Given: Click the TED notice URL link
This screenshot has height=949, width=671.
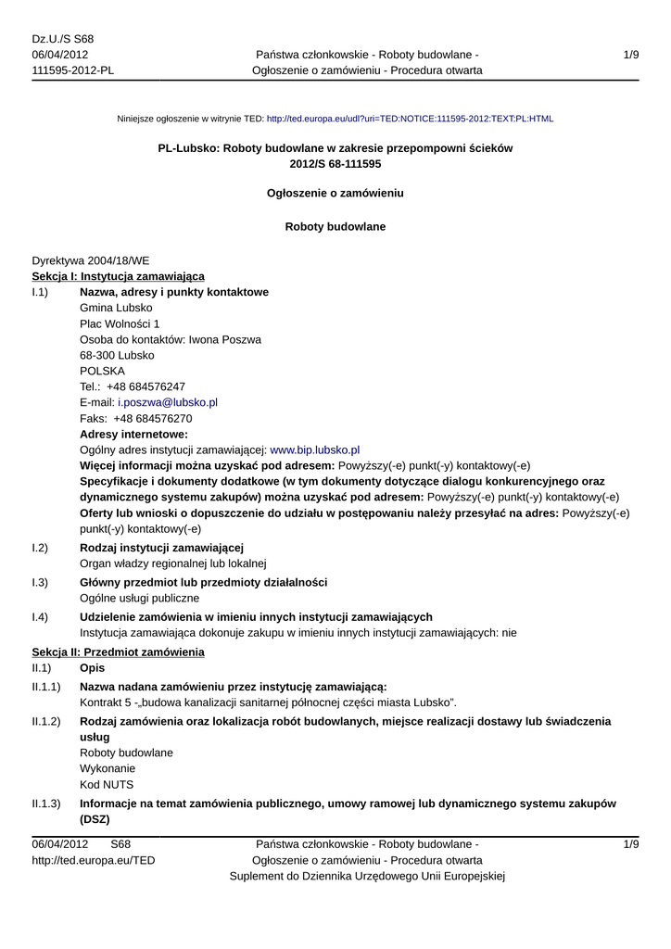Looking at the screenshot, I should click(410, 120).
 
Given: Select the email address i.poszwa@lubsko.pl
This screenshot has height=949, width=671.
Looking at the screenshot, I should click(168, 402).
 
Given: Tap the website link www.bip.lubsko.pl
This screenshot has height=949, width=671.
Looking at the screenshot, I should click(314, 449).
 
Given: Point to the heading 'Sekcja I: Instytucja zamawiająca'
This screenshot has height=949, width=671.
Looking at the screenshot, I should click(119, 276).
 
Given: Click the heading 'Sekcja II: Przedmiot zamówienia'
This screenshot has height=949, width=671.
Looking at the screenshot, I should click(118, 652).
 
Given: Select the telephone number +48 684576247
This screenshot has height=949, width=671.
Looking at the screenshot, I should click(146, 386).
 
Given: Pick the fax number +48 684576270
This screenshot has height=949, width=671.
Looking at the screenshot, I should click(153, 418).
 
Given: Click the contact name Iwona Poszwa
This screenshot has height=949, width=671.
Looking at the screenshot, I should click(225, 339).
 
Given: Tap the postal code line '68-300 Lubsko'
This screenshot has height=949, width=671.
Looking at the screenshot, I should click(117, 355).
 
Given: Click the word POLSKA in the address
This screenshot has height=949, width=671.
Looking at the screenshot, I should click(103, 371).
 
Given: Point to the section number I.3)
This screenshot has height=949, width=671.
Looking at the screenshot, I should click(40, 582).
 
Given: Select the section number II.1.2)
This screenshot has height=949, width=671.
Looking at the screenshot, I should click(46, 721).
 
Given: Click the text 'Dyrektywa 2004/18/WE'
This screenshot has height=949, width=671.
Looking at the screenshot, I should click(91, 260).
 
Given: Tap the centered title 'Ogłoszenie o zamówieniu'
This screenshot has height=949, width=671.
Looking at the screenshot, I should click(335, 193).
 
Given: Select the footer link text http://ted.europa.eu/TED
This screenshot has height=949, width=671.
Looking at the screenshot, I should click(94, 860).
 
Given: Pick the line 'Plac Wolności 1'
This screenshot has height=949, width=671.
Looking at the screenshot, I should click(120, 323).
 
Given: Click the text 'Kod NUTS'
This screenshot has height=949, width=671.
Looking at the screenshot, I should click(107, 784).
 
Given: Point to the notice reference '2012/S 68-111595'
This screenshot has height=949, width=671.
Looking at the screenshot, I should click(335, 163).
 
